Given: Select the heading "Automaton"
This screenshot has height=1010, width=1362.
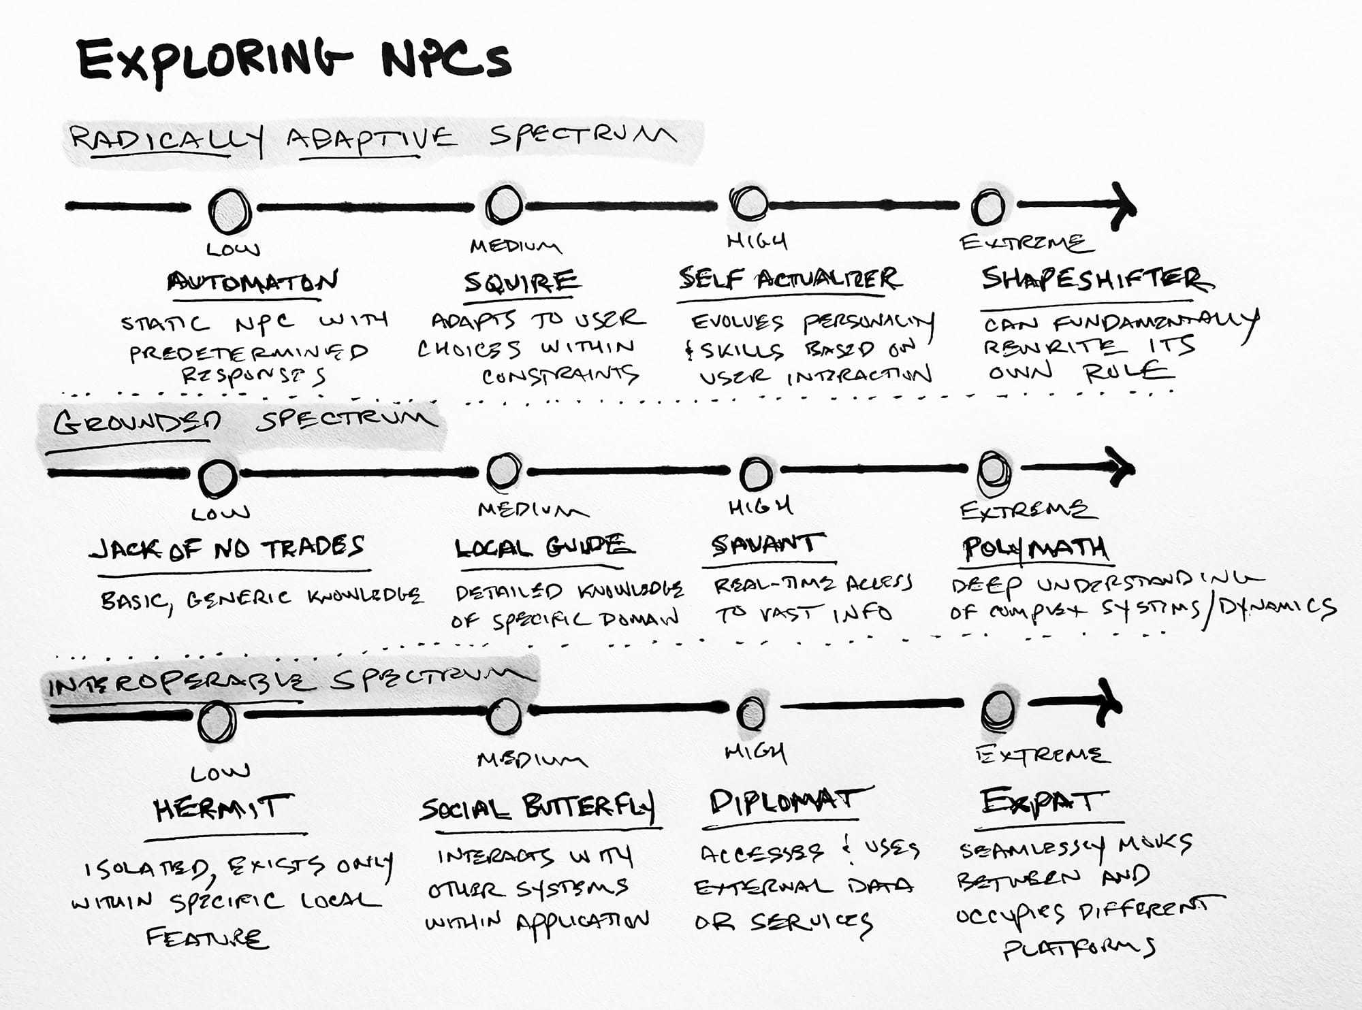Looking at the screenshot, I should [x=253, y=281].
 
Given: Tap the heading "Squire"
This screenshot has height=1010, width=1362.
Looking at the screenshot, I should [x=521, y=281].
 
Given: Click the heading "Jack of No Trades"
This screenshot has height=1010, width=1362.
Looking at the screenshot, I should [x=227, y=548].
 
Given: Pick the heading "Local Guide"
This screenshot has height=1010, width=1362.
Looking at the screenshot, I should [x=543, y=547].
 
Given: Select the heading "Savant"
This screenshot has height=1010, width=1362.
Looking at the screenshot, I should [x=764, y=544].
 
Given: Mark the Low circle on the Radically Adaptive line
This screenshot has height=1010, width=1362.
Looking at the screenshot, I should [x=229, y=211].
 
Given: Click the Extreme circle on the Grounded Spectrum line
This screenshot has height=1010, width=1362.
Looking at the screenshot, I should [x=994, y=470].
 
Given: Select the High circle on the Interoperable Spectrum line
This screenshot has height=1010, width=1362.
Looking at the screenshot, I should [x=751, y=713].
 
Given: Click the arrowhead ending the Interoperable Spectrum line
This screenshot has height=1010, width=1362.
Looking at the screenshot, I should [x=1109, y=703].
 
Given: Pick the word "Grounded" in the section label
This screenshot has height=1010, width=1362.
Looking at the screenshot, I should [x=137, y=423].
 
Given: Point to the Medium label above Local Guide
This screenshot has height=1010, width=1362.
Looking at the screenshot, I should [x=532, y=510].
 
